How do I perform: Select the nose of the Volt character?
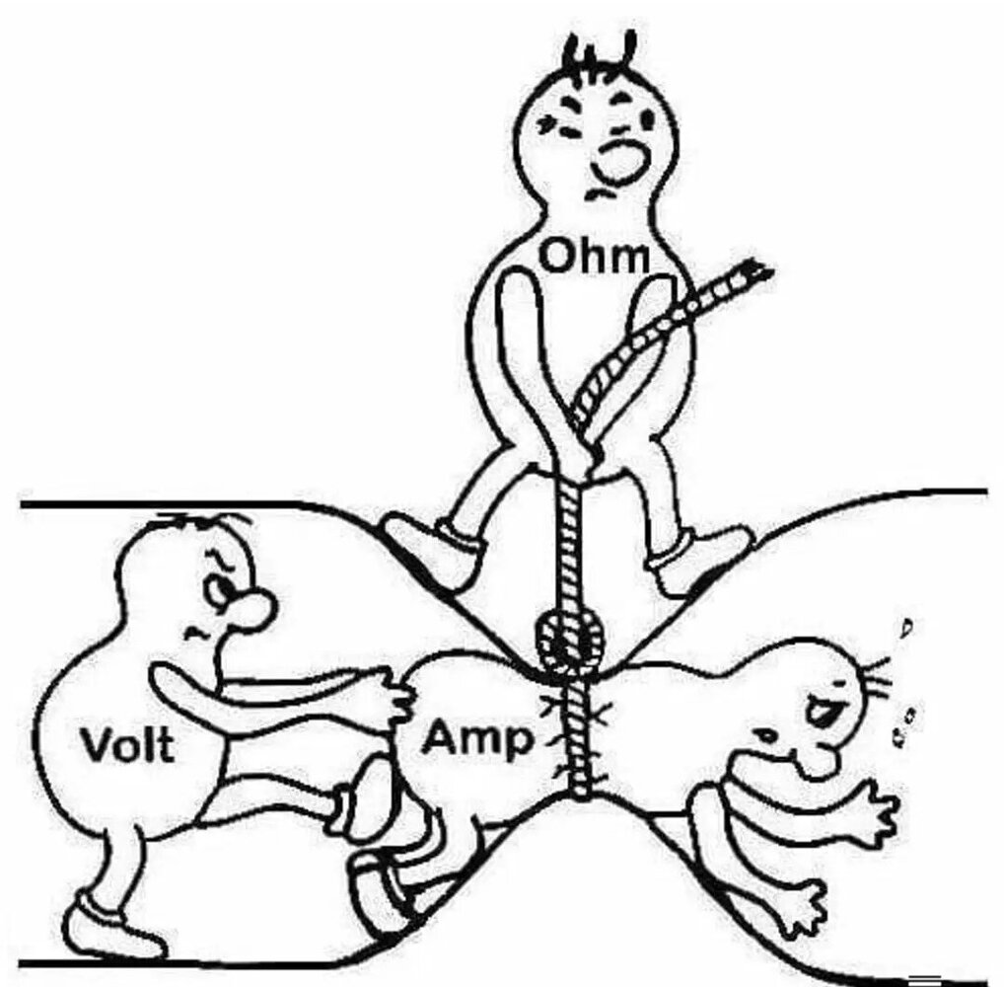click(x=252, y=609)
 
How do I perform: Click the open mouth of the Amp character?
click(x=819, y=708)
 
